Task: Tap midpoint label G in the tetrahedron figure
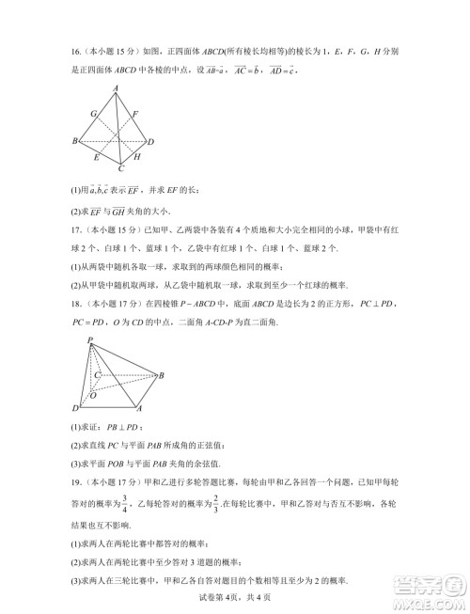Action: pos(93,113)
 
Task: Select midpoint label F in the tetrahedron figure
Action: pos(135,114)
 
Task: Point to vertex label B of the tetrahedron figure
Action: pos(74,141)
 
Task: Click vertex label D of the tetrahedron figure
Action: pos(150,142)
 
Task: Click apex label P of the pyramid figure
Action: pos(89,339)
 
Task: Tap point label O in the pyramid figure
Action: pos(92,396)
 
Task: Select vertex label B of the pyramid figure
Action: pos(162,375)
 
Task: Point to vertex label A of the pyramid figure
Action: pos(139,409)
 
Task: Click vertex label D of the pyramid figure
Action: pos(75,408)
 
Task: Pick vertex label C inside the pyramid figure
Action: pos(97,374)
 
